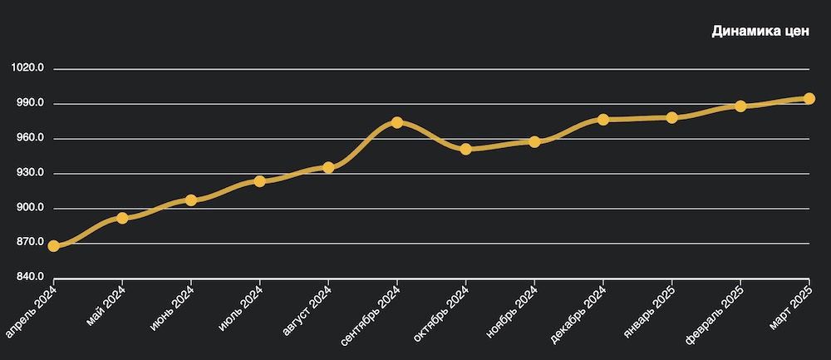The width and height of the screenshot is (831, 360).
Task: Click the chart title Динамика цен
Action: (x=760, y=32)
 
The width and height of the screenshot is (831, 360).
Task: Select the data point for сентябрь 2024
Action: (x=397, y=123)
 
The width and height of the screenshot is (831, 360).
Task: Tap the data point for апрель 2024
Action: (x=54, y=246)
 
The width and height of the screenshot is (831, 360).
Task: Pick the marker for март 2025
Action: (x=809, y=99)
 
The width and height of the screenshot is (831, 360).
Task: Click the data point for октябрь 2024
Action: (x=466, y=150)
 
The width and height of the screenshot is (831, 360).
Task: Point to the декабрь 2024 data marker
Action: (x=603, y=120)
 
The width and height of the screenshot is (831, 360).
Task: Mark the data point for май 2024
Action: (x=122, y=218)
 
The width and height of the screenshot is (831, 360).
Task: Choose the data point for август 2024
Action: (x=328, y=168)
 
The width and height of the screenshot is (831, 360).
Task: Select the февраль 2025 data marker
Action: (x=740, y=106)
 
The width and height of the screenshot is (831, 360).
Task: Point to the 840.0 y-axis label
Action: (x=29, y=278)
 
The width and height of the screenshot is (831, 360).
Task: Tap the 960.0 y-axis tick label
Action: (x=29, y=139)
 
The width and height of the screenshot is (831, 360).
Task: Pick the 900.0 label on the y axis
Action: (x=29, y=209)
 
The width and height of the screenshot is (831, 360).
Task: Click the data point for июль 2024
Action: (x=260, y=181)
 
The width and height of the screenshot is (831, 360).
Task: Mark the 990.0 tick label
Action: (x=29, y=104)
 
